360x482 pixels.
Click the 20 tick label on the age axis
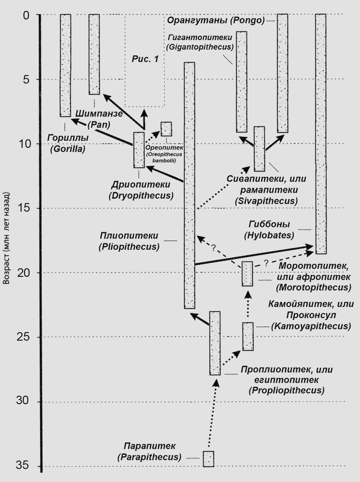click(22, 273)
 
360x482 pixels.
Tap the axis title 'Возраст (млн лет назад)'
click(7, 238)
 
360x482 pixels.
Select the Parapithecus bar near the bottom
click(208, 459)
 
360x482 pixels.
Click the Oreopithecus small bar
click(166, 129)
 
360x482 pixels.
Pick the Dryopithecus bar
click(139, 150)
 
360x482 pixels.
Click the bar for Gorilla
click(65, 65)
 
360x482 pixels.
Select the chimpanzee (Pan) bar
click(94, 54)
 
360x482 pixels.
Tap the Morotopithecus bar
click(247, 274)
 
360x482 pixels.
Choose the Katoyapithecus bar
click(248, 336)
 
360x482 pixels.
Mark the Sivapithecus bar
click(259, 149)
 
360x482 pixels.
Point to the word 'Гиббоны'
click(269, 224)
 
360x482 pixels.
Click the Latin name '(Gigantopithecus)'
click(200, 47)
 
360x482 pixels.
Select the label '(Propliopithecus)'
click(287, 390)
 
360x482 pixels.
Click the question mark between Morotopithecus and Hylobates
click(266, 263)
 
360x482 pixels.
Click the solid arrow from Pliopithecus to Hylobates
click(254, 255)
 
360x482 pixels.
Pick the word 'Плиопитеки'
click(129, 236)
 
